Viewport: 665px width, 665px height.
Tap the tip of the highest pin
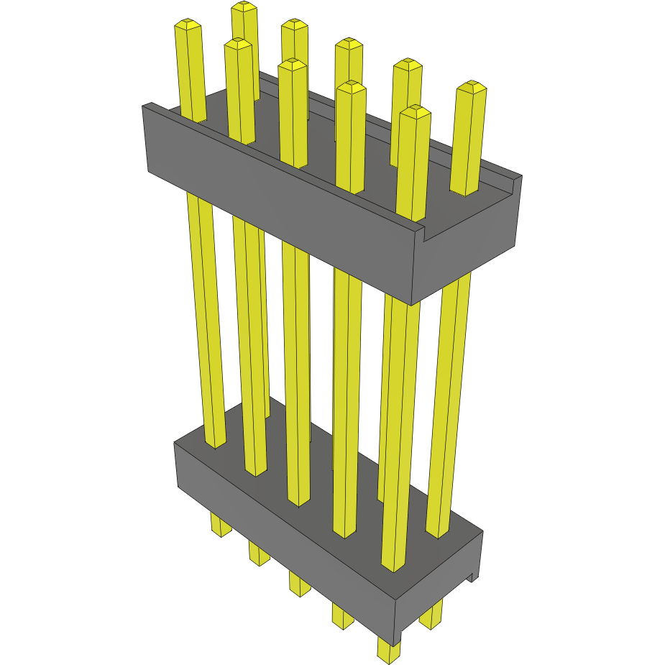pos(244,7)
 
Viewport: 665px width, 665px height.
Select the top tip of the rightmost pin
pos(472,87)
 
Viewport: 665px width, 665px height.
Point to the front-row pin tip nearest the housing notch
pos(415,111)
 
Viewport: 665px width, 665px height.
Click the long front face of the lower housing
pos(288,546)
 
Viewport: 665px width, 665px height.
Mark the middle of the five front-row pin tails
pos(299,584)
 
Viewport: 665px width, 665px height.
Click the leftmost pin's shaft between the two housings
pos(205,316)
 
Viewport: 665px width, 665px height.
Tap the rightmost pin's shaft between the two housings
pos(451,403)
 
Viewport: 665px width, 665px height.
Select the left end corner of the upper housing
pos(146,108)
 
